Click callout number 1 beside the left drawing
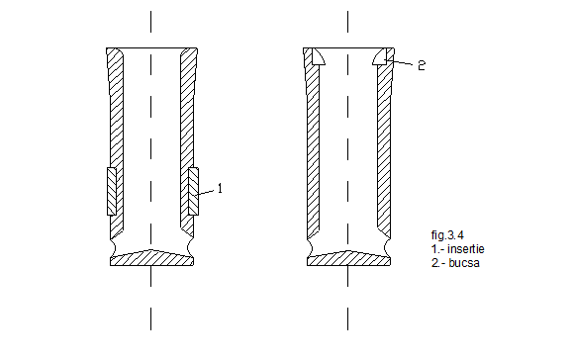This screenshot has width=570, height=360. pos(220,188)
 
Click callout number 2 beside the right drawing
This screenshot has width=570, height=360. pos(422,65)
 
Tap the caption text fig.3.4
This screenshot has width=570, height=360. pos(447,235)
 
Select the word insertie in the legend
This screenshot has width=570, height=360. pos(466,249)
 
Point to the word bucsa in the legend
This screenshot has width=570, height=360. pos(464,263)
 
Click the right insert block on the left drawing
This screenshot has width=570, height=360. pos(193,192)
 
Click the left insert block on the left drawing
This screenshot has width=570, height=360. pos(112,192)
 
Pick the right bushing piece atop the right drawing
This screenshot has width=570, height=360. pos(381,57)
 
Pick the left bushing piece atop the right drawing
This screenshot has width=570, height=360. pos(318,57)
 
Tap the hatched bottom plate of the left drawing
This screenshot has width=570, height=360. pos(151,258)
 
